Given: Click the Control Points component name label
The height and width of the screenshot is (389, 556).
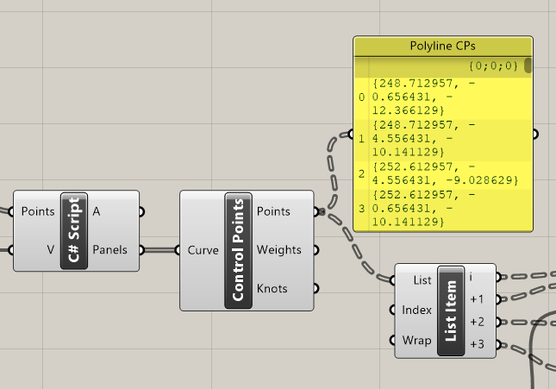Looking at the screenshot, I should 238,250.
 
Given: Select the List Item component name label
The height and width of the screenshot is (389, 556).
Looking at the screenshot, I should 450,311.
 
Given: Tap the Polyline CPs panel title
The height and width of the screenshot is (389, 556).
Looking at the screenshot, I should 443,47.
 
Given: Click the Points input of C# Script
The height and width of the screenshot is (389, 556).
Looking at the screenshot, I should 38,211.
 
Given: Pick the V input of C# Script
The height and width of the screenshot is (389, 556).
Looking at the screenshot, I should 50,250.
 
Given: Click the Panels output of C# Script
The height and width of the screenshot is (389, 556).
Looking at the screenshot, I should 109,250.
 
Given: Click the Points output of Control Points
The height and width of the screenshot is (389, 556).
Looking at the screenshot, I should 274,211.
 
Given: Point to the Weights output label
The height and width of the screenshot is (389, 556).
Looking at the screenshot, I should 279,250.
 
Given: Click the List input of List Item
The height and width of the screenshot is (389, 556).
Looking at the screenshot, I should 422,280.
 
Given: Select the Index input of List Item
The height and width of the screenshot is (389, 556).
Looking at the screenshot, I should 417,311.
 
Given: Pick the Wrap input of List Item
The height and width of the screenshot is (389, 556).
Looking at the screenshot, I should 417,340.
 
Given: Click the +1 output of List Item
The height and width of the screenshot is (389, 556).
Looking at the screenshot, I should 477,299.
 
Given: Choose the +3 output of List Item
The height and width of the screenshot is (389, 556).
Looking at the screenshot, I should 477,344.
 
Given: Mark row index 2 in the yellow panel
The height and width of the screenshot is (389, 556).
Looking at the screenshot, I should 362,173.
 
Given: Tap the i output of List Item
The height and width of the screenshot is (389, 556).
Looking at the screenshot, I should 471,277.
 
